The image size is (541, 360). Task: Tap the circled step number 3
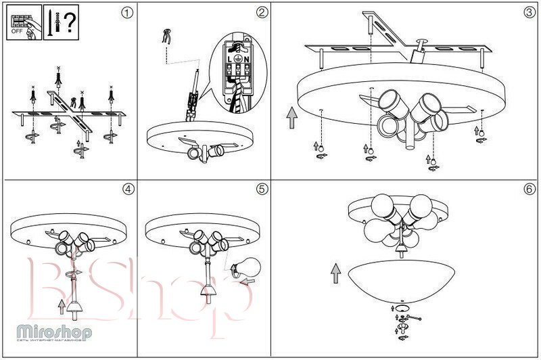(529, 13)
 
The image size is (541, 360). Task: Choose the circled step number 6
(529, 189)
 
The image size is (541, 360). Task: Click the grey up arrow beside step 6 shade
(335, 273)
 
